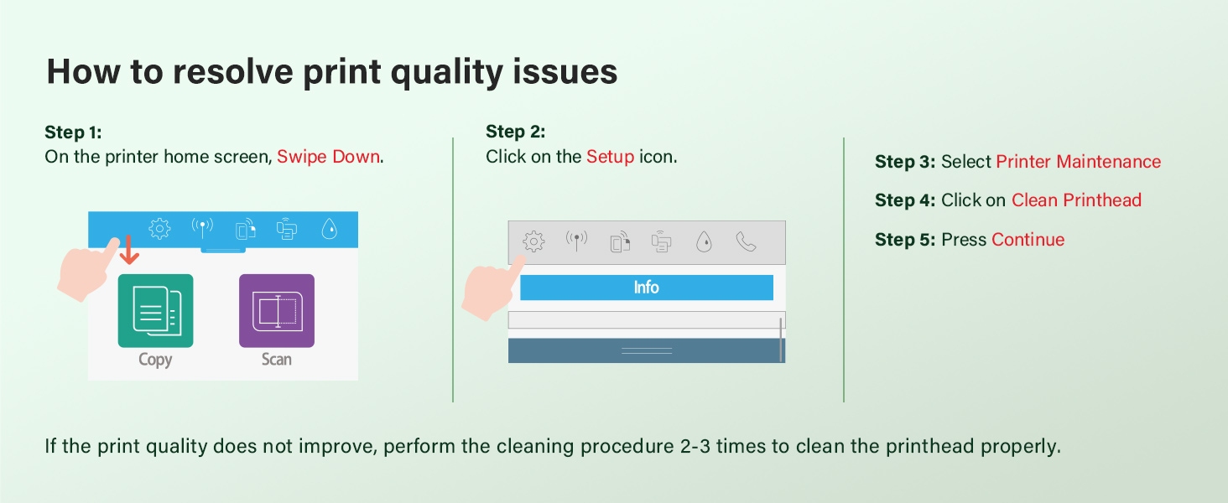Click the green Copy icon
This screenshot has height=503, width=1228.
pos(156,311)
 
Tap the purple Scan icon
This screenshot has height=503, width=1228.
pos(277,311)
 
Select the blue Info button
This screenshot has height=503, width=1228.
pos(647,287)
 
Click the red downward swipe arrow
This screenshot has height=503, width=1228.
pos(129,250)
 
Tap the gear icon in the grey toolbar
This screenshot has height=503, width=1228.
pos(533,241)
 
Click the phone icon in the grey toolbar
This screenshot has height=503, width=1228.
pos(747,241)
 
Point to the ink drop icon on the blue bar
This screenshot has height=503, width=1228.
pos(330,229)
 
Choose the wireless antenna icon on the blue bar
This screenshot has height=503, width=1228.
pos(202,228)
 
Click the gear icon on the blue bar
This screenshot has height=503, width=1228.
pos(159,229)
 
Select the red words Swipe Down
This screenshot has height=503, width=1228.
pos(328,157)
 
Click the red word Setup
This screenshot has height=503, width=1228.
pos(610,157)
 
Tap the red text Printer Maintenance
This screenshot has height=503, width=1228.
pos(1079,162)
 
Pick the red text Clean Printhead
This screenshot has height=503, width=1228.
pos(1076,200)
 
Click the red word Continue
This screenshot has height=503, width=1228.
pos(1028,240)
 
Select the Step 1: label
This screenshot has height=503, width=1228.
pos(74,132)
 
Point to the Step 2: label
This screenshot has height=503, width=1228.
pos(515,132)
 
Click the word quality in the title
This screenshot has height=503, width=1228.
pos(446,72)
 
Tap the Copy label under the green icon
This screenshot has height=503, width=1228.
pos(155,360)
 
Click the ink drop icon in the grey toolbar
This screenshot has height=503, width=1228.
pos(704,241)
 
